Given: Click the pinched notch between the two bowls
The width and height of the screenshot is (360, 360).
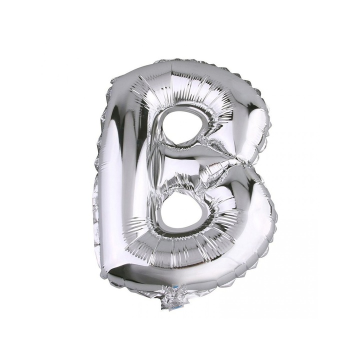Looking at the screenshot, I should coord(245,161).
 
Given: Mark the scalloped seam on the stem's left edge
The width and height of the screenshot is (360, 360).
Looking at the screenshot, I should coord(96,175).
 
